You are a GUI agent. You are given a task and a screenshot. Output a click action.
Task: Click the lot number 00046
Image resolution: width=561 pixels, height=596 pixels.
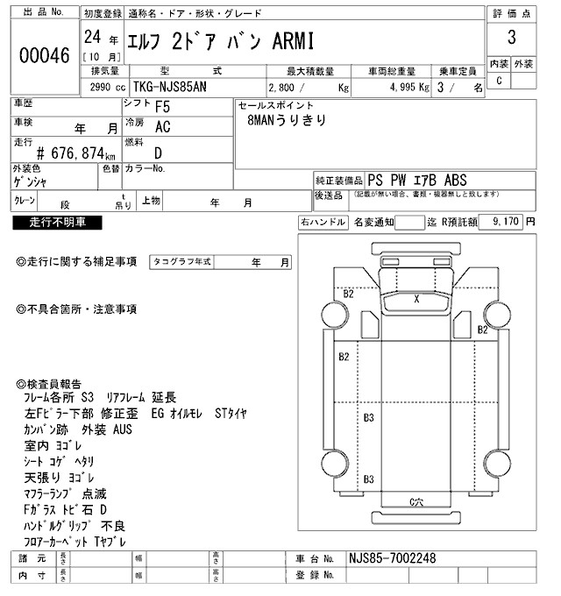[43, 54]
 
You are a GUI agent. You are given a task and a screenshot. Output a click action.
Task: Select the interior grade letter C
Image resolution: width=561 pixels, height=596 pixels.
[499, 81]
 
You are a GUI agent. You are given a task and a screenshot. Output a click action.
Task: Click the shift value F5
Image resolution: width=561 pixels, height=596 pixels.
[162, 109]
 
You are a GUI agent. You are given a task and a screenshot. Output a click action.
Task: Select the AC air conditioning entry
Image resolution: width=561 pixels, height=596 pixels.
[162, 127]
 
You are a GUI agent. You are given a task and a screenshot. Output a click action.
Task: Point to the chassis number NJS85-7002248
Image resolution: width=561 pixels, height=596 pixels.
[392, 558]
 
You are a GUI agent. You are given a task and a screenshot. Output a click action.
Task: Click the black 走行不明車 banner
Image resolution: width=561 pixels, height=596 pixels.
[57, 223]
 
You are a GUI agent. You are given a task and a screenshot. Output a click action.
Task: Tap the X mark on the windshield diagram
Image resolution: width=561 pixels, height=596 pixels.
[416, 299]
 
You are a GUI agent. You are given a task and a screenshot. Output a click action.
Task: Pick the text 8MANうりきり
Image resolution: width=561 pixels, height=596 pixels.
[287, 121]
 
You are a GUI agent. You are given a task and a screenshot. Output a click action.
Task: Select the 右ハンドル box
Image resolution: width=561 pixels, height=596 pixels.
[322, 223]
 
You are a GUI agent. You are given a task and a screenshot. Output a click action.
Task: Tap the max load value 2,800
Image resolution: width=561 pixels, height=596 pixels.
[291, 88]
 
